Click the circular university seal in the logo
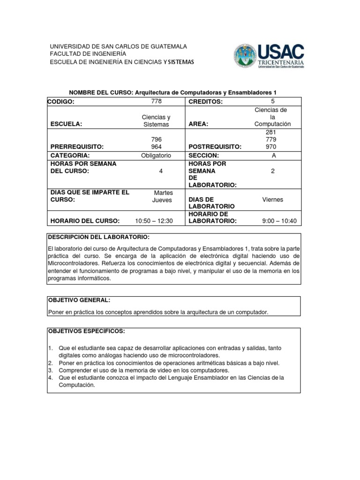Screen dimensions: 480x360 245,56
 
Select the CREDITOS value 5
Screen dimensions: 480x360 273,101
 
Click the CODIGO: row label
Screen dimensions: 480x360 61,102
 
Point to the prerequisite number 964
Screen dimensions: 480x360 156,147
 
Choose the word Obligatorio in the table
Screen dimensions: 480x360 156,156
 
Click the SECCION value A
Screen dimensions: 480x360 273,156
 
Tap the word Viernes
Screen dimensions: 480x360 273,200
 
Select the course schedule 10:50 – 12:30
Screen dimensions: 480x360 154,221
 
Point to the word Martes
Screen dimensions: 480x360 163,193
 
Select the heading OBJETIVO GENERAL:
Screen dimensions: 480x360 79,300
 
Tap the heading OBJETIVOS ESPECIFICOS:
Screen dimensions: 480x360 87,331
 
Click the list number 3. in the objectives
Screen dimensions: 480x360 50,370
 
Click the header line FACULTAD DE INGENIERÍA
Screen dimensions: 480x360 88,54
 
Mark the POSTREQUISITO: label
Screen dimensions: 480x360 215,147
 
